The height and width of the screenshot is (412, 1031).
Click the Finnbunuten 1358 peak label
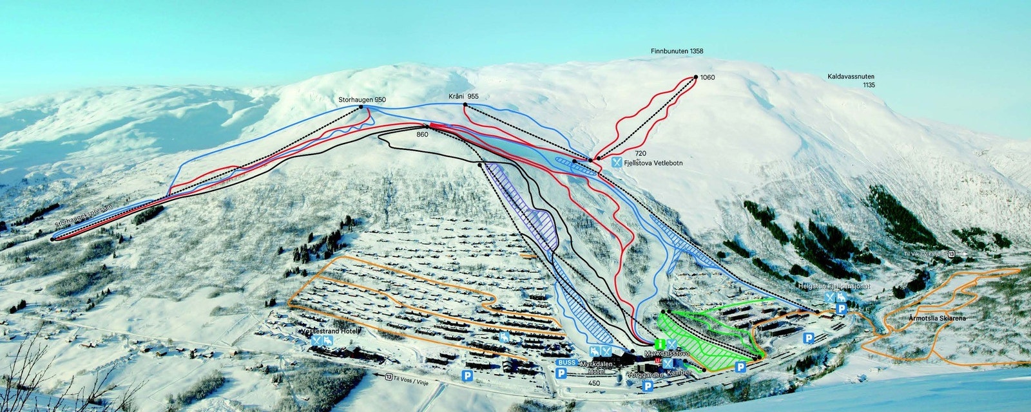pos(677,51)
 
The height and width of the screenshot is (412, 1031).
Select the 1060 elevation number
pos(708,78)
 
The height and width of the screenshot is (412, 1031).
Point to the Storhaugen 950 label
pos(362,100)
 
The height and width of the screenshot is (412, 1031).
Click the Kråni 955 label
pos(464,97)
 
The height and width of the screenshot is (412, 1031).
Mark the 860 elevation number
pos(423,135)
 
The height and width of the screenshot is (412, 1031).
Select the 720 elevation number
pos(640,153)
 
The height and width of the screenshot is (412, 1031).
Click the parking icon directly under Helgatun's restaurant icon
pos(841,310)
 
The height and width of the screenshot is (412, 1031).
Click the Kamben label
pos(679,373)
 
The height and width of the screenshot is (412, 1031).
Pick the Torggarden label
pos(645,373)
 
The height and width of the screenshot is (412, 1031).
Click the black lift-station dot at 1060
pos(697,77)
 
